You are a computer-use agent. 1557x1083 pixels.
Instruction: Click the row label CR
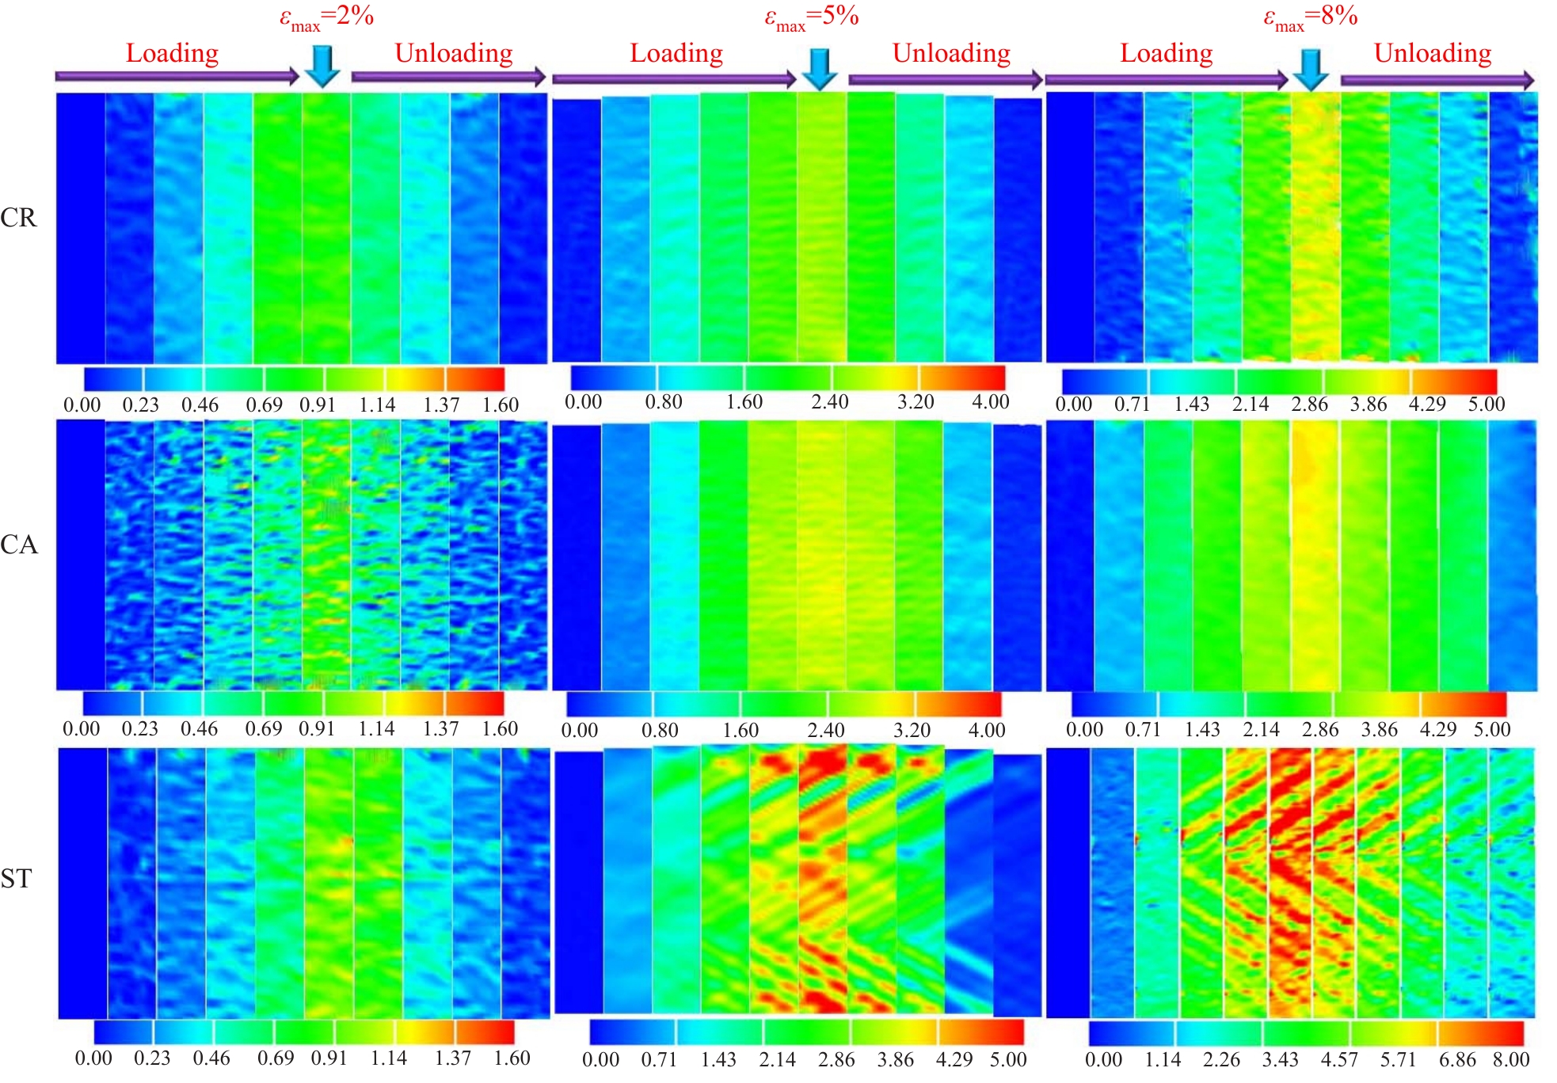[x=18, y=218]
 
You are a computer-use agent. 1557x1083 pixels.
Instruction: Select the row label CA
[x=18, y=545]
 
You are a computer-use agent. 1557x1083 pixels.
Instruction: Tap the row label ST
[x=17, y=878]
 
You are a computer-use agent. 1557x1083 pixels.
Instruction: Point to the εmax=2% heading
[x=326, y=17]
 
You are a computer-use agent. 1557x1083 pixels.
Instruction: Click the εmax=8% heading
[x=1310, y=17]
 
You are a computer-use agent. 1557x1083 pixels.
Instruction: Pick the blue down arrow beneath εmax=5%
[x=820, y=68]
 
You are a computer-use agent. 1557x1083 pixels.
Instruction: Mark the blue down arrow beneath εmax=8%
[x=1311, y=69]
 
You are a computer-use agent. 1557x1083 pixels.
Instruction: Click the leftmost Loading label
[x=172, y=53]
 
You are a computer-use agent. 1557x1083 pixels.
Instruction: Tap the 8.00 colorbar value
[x=1510, y=1059]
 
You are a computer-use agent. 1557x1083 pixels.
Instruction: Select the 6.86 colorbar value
[x=1457, y=1059]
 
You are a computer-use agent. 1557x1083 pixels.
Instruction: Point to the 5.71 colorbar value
[x=1398, y=1059]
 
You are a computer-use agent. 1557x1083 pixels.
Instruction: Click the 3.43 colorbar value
[x=1280, y=1059]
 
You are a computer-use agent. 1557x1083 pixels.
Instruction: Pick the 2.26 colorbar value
[x=1221, y=1059]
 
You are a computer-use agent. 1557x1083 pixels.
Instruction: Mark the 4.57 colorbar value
[x=1339, y=1059]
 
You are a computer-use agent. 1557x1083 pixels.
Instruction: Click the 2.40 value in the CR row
[x=829, y=402]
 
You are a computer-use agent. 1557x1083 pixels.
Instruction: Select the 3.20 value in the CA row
[x=912, y=730]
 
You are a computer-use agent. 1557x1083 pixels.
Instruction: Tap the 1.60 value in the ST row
[x=512, y=1058]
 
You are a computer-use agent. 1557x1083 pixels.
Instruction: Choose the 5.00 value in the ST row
[x=1007, y=1059]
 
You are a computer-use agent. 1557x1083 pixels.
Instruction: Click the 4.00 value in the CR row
[x=990, y=402]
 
